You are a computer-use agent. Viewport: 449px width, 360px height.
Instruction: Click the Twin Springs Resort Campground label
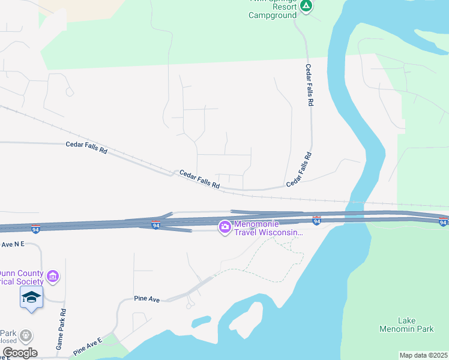point(273,10)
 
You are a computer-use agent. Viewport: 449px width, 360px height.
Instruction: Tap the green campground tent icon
point(306,7)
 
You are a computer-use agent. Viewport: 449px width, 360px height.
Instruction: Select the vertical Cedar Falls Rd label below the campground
point(310,85)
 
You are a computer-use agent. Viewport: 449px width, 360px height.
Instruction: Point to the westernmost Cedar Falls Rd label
point(86,148)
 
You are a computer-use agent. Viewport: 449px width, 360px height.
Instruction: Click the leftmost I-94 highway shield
point(36,229)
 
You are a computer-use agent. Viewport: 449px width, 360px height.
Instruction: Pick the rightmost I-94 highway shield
point(443,223)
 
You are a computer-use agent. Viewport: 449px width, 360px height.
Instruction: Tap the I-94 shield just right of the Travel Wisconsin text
point(316,221)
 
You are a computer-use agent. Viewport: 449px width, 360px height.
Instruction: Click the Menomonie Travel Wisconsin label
point(268,228)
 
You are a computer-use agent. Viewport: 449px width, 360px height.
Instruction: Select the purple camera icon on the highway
point(225,227)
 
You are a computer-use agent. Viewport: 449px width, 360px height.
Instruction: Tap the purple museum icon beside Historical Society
point(53,276)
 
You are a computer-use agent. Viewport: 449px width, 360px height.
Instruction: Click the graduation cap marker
point(31,298)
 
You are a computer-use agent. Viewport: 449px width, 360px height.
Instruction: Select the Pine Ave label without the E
point(146,299)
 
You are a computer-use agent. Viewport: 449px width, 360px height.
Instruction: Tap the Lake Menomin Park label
point(406,325)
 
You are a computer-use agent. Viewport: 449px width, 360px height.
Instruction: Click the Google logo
point(19,353)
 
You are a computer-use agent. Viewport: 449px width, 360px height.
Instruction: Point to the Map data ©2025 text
point(424,355)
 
